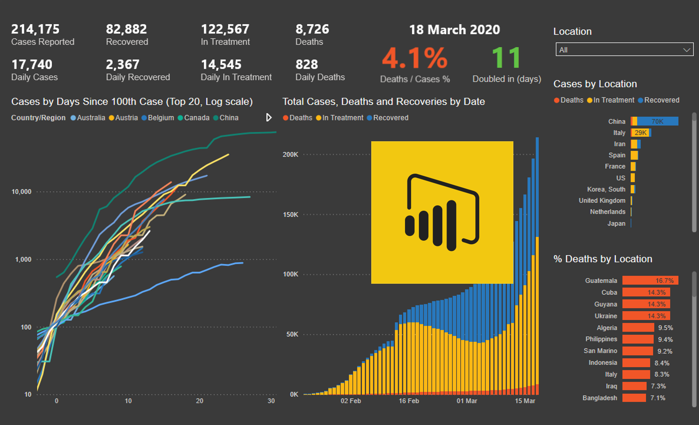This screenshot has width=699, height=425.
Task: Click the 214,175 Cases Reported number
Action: pyautogui.click(x=35, y=29)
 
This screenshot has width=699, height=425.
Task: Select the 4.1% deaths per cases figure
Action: pyautogui.click(x=415, y=59)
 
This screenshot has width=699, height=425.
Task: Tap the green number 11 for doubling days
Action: pyautogui.click(x=506, y=58)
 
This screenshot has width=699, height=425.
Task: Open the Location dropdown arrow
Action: pyautogui.click(x=686, y=50)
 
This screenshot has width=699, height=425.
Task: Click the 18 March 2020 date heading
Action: pyautogui.click(x=454, y=30)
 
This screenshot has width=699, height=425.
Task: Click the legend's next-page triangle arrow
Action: pyautogui.click(x=269, y=118)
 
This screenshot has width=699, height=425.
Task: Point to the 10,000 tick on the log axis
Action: pyautogui.click(x=21, y=192)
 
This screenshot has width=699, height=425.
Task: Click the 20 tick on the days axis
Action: pyautogui.click(x=199, y=401)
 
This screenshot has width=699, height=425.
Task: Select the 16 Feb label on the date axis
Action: pyautogui.click(x=409, y=401)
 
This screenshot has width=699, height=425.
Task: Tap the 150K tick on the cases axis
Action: pyautogui.click(x=291, y=215)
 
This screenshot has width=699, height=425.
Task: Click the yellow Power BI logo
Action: pyautogui.click(x=442, y=212)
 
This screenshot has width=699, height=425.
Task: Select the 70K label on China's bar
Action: pyautogui.click(x=657, y=121)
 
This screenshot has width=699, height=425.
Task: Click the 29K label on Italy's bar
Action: pyautogui.click(x=640, y=132)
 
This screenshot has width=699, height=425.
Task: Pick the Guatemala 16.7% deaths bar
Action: pyautogui.click(x=650, y=281)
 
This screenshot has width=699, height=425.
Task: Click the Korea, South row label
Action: pyautogui.click(x=606, y=189)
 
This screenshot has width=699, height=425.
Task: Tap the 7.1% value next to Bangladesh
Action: pyautogui.click(x=658, y=398)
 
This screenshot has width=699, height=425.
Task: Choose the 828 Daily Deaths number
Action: pyautogui.click(x=307, y=64)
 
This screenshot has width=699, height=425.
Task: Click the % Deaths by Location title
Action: pyautogui.click(x=602, y=259)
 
